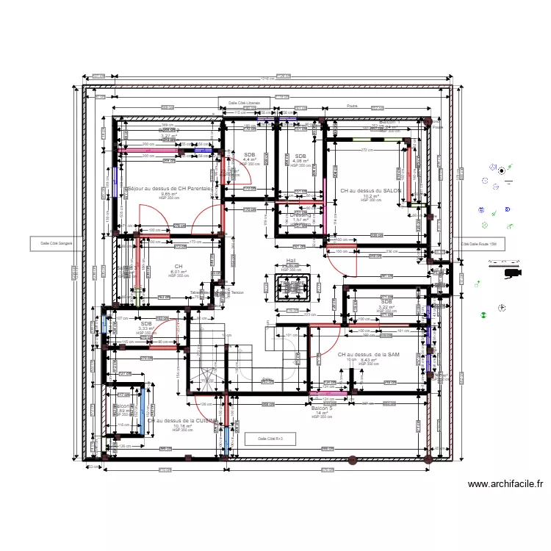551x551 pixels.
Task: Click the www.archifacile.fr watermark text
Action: tap(505, 484)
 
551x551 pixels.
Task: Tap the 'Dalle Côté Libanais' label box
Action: tap(243, 104)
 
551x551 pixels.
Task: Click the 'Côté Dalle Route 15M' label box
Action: tap(478, 244)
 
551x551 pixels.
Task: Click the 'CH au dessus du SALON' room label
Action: tap(370, 190)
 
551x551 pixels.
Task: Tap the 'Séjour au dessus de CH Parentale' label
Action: tap(169, 189)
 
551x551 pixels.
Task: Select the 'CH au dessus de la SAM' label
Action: tap(368, 355)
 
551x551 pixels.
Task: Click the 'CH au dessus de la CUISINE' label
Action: tap(181, 421)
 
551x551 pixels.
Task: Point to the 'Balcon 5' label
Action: tap(322, 408)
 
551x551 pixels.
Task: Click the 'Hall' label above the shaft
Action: tap(290, 261)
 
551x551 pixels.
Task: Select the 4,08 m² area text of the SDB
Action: tap(300, 161)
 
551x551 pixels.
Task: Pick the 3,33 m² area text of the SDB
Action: tap(146, 328)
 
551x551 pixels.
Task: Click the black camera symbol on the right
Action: tap(510, 273)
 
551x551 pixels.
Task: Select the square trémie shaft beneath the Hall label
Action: tap(292, 287)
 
